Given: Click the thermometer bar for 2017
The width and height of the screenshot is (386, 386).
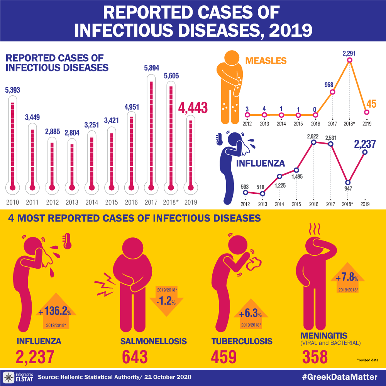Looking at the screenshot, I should coord(151,135).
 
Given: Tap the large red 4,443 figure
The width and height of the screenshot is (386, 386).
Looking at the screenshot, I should coord(193,108).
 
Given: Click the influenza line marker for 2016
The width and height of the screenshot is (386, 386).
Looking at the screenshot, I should coord(314,142).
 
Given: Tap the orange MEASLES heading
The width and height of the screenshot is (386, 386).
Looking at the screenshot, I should coord(266,61).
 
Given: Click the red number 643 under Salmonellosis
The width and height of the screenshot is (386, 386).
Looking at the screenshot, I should coord(135,357).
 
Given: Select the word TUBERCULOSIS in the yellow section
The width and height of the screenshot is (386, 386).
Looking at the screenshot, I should coord(242,341).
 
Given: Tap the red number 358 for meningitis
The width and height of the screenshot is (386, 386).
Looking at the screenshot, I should coord(315,357).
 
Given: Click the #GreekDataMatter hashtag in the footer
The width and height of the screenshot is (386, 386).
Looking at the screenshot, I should coord(341,377).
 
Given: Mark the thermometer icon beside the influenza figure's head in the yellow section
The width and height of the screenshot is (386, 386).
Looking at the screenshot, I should coord(68,241).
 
